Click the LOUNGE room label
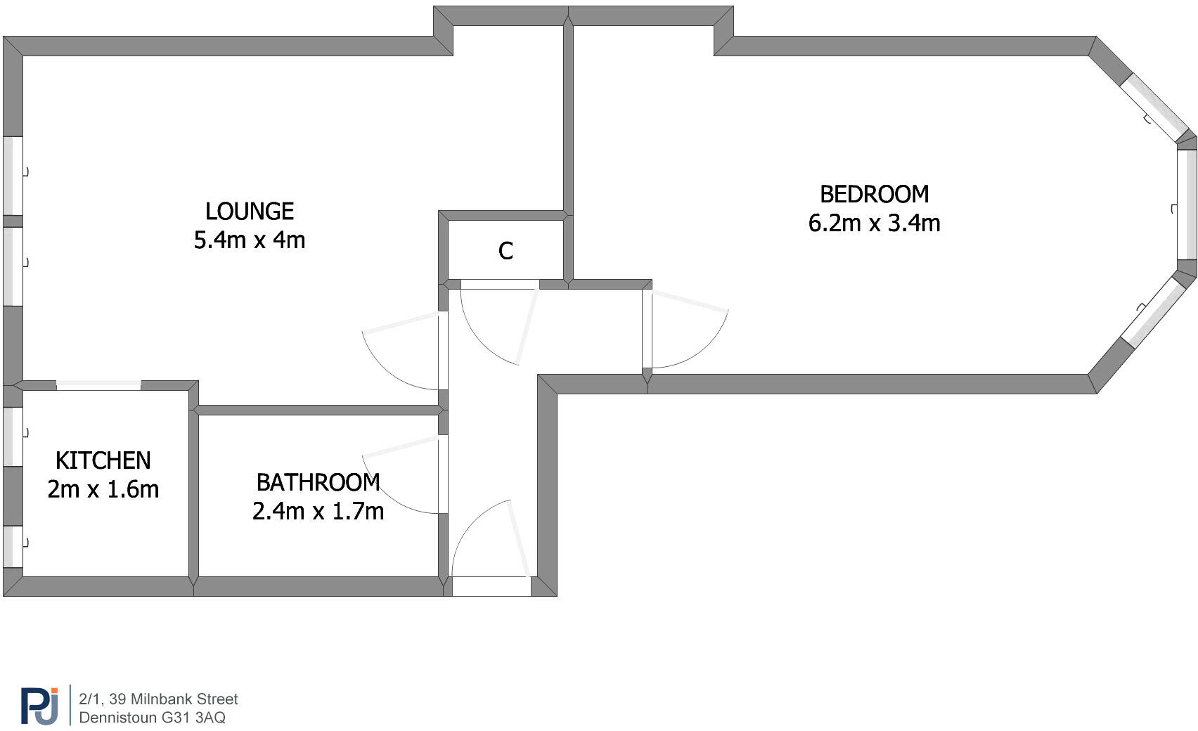(x=250, y=211)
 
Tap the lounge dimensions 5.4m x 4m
(x=250, y=240)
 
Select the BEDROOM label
(x=874, y=194)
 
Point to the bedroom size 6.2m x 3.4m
(x=874, y=224)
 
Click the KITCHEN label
(x=103, y=460)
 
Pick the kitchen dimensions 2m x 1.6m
(x=103, y=489)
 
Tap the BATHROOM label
(x=318, y=482)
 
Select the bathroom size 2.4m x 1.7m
(x=318, y=511)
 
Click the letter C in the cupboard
(x=505, y=251)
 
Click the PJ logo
(x=39, y=705)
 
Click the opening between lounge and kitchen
(x=98, y=385)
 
